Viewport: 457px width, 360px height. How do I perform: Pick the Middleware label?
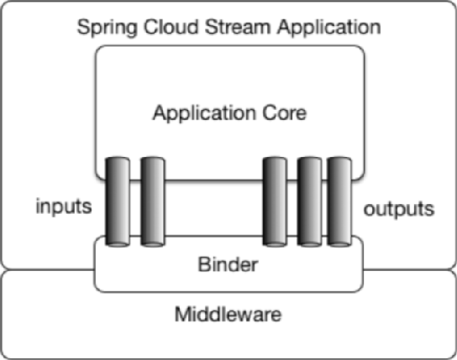point(228,316)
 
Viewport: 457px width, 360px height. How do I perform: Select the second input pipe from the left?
point(151,201)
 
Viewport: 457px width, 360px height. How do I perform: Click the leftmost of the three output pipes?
point(275,201)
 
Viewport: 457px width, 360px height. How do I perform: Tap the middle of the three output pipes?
point(308,201)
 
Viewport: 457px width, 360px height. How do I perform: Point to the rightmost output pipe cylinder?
point(339,201)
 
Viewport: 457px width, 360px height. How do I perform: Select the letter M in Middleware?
point(181,316)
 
